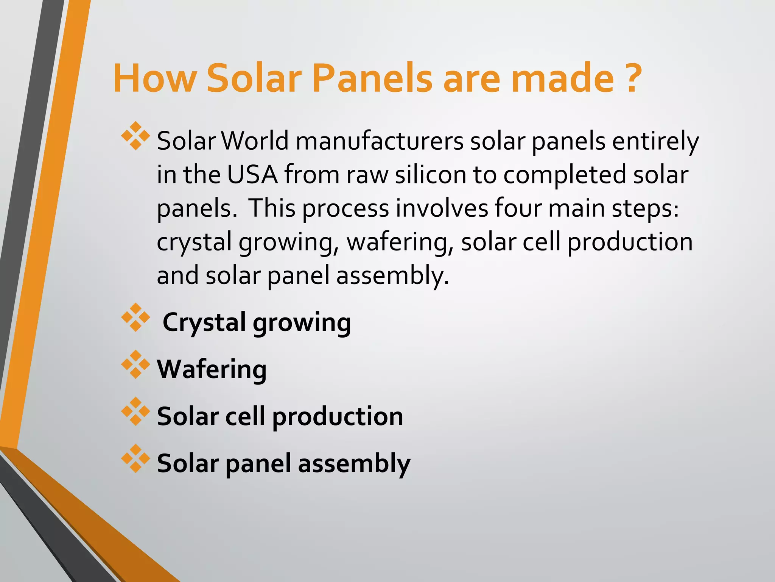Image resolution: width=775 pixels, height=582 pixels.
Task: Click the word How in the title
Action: (x=154, y=78)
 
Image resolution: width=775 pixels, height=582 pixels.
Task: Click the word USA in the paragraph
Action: (x=252, y=175)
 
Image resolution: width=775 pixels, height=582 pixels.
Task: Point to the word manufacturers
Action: (x=379, y=141)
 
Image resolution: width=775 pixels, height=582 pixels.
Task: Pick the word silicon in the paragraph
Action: (x=430, y=175)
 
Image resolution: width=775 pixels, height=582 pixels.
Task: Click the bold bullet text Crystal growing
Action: (x=257, y=322)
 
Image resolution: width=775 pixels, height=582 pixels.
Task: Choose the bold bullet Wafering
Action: (x=212, y=369)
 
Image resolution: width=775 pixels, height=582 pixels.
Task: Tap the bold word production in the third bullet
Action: (x=338, y=416)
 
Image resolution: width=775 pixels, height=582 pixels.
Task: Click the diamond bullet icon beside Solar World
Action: (x=135, y=136)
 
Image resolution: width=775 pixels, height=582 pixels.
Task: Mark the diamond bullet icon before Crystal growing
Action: (x=135, y=317)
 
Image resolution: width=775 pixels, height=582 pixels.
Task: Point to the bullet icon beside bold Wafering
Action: (x=135, y=364)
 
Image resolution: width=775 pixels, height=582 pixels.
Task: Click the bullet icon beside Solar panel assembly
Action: (x=135, y=458)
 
